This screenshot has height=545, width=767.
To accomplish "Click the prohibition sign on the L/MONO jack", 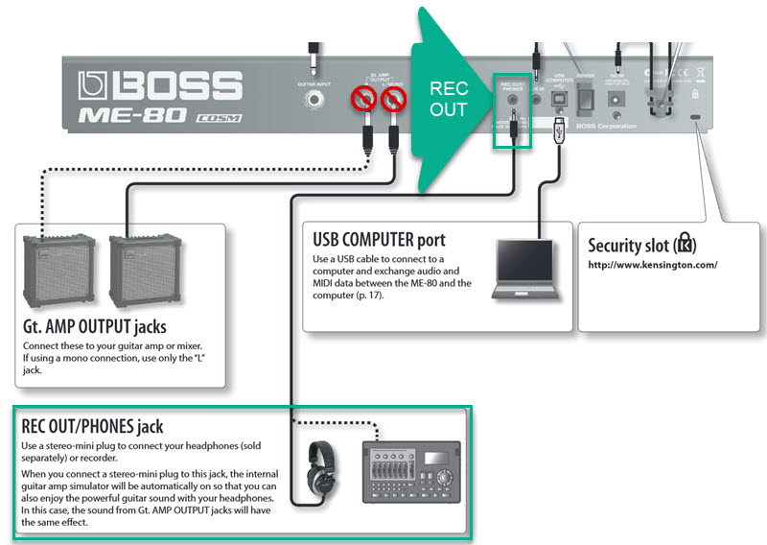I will [x=392, y=98].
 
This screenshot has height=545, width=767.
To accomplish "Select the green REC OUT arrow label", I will [x=448, y=99].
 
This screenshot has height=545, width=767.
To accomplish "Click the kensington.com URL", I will [x=652, y=265].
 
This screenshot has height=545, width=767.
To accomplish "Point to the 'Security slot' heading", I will [x=640, y=244].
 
